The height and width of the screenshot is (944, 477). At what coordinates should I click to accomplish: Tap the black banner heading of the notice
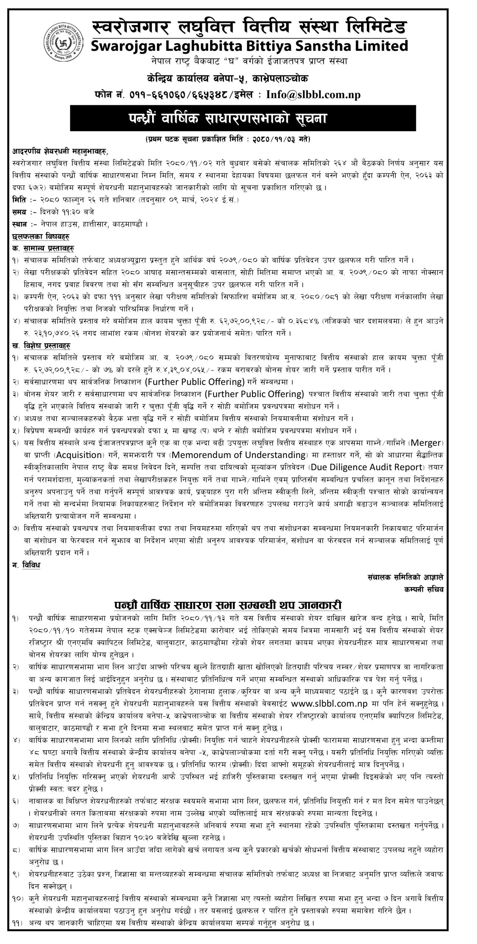point(238,118)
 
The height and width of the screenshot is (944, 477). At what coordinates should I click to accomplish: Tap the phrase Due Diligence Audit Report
point(367,467)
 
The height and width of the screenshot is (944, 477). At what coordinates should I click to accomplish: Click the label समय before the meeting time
point(19,212)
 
